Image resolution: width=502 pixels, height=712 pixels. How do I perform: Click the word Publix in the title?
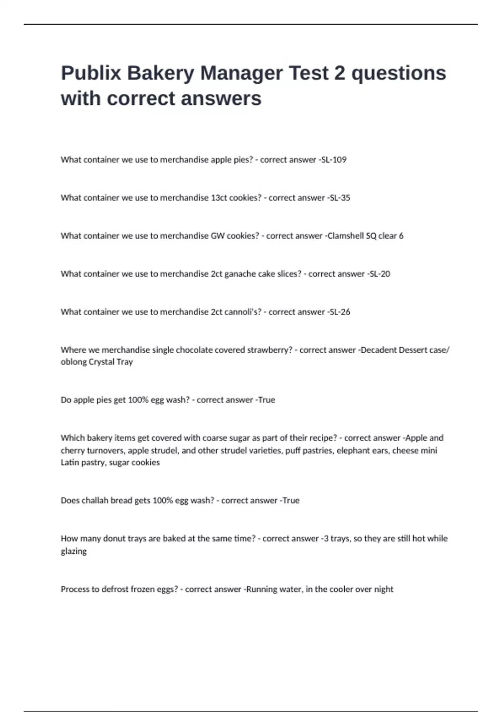[x=91, y=73]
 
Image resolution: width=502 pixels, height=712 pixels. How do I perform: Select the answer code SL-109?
[x=333, y=160]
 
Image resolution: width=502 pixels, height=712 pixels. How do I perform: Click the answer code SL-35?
[x=340, y=198]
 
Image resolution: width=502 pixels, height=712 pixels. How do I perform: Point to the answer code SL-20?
[x=380, y=274]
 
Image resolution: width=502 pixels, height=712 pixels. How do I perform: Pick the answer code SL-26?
[x=340, y=312]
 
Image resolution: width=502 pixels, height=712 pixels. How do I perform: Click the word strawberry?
[x=270, y=350]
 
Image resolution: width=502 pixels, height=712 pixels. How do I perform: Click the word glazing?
[x=74, y=551]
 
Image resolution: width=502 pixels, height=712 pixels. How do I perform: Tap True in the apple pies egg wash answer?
[x=266, y=400]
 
